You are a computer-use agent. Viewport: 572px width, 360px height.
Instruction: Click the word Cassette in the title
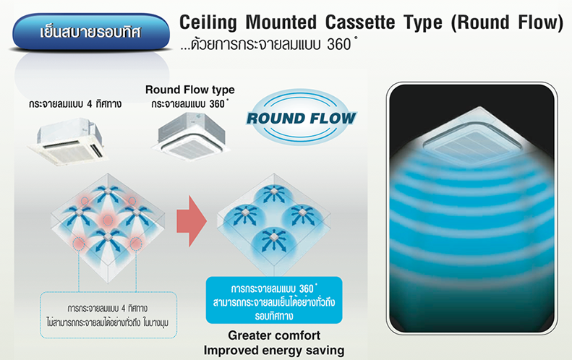tap(360, 22)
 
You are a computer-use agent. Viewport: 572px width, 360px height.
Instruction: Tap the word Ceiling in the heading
tap(208, 23)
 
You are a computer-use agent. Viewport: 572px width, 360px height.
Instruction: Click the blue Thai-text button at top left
tap(91, 32)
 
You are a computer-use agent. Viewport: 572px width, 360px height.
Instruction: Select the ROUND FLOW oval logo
tap(302, 117)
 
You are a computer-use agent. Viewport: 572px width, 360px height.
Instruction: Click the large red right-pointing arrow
tap(192, 221)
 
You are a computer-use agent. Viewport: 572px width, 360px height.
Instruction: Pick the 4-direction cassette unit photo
tap(68, 141)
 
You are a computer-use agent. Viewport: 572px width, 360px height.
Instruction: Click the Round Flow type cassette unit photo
tap(191, 136)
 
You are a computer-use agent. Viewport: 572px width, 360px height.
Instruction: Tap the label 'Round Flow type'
tap(190, 90)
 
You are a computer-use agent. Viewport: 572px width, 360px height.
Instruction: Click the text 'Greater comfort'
tap(274, 335)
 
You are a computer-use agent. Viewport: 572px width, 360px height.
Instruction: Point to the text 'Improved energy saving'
tap(274, 351)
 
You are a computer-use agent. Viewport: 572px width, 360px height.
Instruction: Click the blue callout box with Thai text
tap(274, 300)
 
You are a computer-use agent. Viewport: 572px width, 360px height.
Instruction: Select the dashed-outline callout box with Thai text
tap(108, 314)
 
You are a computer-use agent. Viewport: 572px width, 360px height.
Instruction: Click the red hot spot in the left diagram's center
tap(107, 220)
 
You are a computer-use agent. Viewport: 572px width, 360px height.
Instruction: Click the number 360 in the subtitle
tap(339, 45)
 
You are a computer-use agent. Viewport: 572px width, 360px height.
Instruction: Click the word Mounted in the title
tap(281, 22)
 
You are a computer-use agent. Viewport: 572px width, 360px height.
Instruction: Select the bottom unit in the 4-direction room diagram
tap(107, 237)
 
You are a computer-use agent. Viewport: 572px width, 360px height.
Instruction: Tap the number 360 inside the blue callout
tap(306, 289)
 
